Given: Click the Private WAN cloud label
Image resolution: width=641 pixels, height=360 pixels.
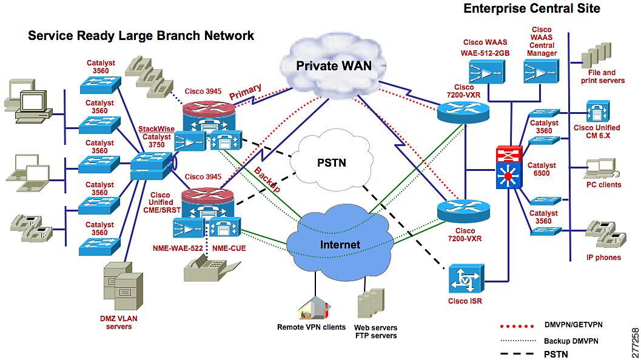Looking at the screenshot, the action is pos(334,66).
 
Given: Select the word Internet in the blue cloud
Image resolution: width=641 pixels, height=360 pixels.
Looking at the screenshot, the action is pos(340,244).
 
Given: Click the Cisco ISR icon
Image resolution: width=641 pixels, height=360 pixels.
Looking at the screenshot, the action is pos(466,279).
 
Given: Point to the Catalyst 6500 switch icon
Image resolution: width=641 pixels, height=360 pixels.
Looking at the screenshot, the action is pos(509,167).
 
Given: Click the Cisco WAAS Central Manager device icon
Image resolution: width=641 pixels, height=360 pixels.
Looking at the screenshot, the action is pos(542,73).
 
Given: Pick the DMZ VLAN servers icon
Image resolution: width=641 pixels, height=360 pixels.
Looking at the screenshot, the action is pos(123,286).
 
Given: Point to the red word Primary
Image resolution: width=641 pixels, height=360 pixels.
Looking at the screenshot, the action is pos(245,92).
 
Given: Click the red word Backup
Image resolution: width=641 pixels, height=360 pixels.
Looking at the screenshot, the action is pos(267,180).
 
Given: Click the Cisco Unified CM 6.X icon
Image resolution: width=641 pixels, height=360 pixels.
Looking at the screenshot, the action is pos(598,111).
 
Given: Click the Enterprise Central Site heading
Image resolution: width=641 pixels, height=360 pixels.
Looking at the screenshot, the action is pos(532,8).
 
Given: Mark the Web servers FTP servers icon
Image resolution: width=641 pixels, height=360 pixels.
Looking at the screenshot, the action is pos(371,303).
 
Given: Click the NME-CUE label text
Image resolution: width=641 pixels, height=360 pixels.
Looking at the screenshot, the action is pos(229,248).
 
